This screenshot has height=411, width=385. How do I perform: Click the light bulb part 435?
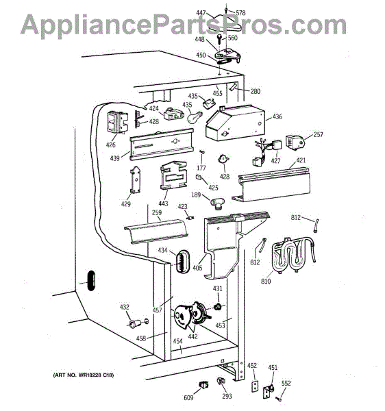[195, 116]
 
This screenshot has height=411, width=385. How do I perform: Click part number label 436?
[277, 116]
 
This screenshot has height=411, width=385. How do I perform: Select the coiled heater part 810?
[293, 255]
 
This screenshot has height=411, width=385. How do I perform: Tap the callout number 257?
[318, 134]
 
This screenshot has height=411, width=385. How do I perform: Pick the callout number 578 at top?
[240, 12]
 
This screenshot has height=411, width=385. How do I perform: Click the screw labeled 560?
[219, 39]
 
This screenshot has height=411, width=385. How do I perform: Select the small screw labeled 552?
[279, 399]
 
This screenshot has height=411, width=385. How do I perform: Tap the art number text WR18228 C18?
[96, 375]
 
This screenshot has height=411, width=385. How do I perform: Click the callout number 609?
[188, 397]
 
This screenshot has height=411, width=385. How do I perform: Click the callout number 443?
[163, 203]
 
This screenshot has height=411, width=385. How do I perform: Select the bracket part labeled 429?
[136, 180]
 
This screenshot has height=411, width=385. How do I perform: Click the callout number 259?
[157, 212]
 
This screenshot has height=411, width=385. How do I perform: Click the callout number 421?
[301, 160]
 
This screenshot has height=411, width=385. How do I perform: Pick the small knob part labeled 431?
[217, 306]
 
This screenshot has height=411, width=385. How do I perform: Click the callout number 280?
[256, 91]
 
